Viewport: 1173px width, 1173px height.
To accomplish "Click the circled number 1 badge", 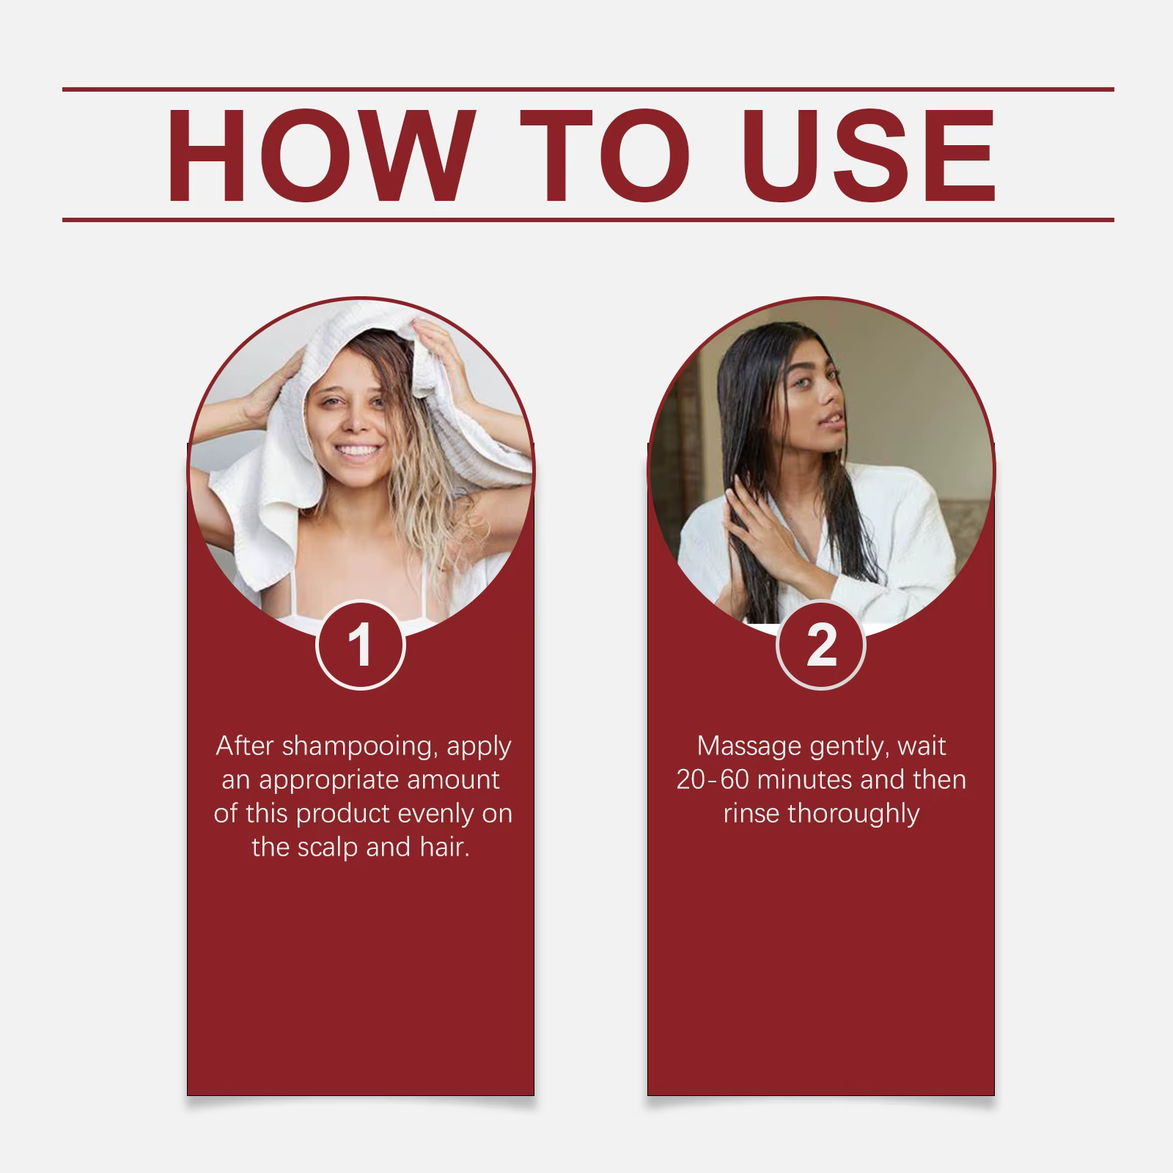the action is tap(361, 645).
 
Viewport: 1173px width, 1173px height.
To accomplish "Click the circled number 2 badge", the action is tap(821, 645).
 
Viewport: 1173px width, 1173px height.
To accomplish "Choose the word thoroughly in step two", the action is tap(853, 814).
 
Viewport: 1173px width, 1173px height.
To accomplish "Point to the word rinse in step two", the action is tap(751, 814).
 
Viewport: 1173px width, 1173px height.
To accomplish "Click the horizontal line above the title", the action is tap(588, 89).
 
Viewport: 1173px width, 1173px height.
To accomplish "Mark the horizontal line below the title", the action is tap(588, 219).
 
